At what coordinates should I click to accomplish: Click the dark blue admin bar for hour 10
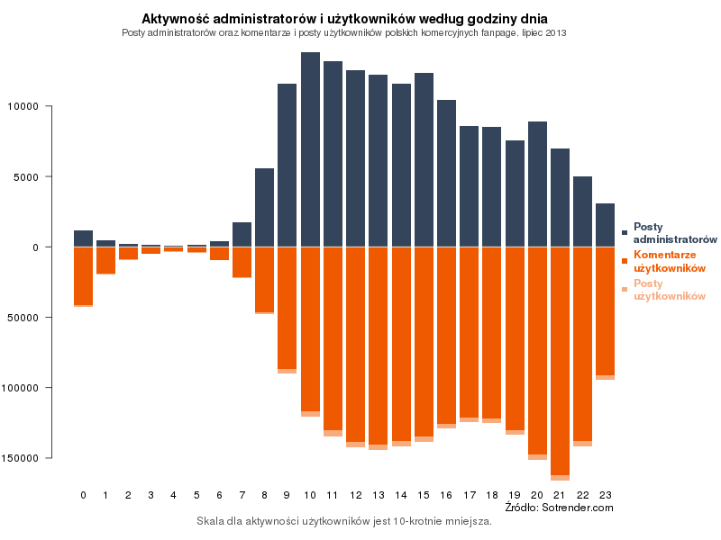pyautogui.click(x=310, y=149)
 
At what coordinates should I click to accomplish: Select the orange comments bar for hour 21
pyautogui.click(x=560, y=360)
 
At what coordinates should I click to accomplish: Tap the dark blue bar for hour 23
pyautogui.click(x=605, y=225)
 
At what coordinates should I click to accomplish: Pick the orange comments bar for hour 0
pyautogui.click(x=83, y=275)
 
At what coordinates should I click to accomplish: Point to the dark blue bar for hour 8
pyautogui.click(x=264, y=207)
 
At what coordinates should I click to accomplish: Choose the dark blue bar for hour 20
pyautogui.click(x=537, y=184)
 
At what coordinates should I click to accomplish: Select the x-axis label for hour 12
pyautogui.click(x=355, y=495)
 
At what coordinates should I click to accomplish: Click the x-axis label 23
pyautogui.click(x=605, y=495)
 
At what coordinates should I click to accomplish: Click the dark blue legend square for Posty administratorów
pyautogui.click(x=625, y=233)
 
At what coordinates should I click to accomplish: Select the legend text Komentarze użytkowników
pyautogui.click(x=669, y=262)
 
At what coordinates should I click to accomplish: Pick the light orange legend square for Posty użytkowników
pyautogui.click(x=625, y=290)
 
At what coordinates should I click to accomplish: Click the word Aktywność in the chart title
pyautogui.click(x=180, y=18)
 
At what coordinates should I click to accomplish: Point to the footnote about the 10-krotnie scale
pyautogui.click(x=343, y=521)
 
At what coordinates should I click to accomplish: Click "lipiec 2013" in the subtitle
pyautogui.click(x=544, y=32)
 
